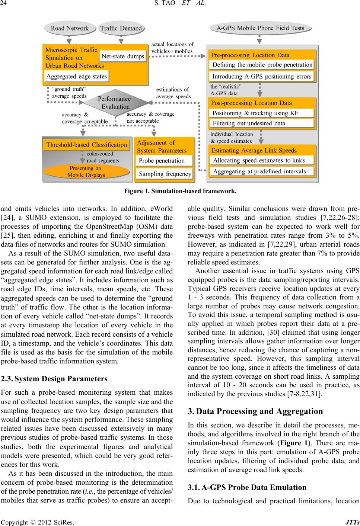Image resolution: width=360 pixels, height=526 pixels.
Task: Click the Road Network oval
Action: coord(70,28)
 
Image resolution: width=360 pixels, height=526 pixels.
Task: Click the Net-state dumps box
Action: coord(123,57)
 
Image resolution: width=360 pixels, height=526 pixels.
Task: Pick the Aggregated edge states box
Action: coord(77,77)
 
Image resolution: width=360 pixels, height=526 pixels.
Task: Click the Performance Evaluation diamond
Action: coord(114,103)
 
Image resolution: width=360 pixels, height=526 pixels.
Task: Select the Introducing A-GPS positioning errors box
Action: coord(262,77)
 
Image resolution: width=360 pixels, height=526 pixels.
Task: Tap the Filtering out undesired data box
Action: coord(262,123)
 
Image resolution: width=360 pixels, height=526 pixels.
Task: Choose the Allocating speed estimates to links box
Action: coord(262,160)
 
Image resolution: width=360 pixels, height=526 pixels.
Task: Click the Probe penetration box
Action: coord(164,161)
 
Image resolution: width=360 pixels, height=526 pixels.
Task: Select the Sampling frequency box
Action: coord(165,174)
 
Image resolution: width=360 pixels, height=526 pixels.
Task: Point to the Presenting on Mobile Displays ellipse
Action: coord(86,171)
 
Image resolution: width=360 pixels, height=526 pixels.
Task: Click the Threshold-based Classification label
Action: coord(86,145)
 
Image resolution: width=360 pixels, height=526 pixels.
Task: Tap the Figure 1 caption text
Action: coord(180,192)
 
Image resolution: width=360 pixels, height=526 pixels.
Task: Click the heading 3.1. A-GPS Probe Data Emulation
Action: coord(247,487)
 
